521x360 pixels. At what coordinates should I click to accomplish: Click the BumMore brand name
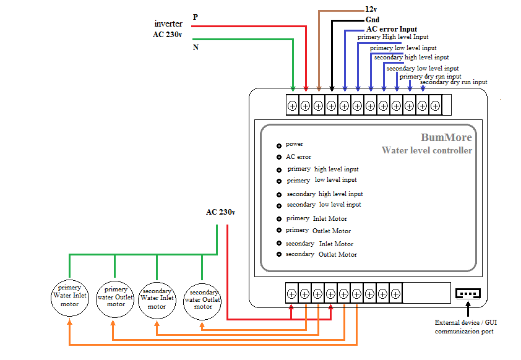click(446, 137)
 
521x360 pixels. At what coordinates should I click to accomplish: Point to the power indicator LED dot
click(279, 146)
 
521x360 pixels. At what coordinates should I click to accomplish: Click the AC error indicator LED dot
click(279, 157)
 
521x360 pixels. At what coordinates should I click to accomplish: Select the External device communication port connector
click(468, 294)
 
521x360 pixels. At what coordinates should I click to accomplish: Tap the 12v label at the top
click(371, 9)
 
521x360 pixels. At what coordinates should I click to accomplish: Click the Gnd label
click(372, 20)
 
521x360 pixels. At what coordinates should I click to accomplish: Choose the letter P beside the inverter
click(196, 17)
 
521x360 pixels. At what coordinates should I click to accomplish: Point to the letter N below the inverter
click(196, 48)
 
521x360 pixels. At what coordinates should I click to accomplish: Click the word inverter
click(168, 24)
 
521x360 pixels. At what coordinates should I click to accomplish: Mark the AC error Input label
click(392, 29)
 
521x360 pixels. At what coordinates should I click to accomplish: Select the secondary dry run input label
click(454, 82)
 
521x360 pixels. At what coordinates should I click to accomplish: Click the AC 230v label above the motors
click(221, 212)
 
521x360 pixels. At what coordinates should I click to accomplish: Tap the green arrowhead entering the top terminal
click(293, 89)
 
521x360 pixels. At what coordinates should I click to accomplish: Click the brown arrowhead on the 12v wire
click(319, 89)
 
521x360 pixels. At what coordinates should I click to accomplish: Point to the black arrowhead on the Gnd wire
click(332, 89)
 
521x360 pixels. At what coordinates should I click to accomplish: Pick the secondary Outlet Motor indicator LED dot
click(279, 254)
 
